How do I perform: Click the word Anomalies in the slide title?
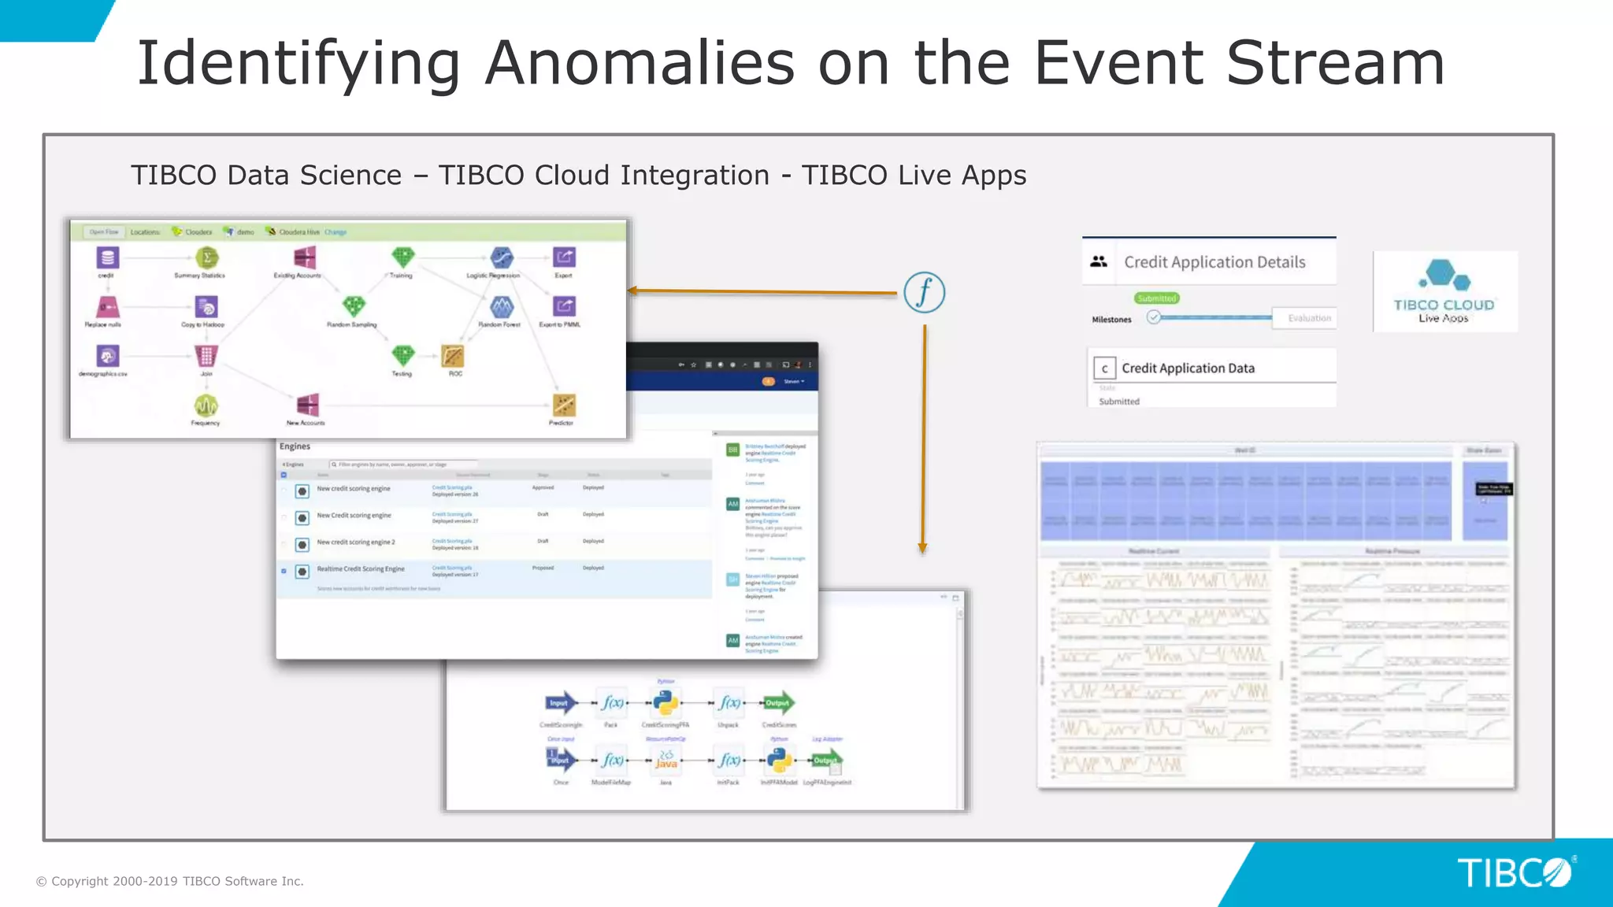639,63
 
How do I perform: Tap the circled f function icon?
924,293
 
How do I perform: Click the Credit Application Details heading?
1214,262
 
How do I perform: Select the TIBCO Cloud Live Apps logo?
1444,291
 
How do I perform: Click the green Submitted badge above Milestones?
1156,298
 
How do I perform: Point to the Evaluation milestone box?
1308,318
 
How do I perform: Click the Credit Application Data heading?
1187,368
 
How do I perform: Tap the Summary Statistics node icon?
206,257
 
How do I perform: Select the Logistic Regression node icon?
501,257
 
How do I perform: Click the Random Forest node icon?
501,307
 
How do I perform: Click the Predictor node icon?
563,405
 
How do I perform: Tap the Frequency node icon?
206,405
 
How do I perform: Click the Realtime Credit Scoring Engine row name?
360,568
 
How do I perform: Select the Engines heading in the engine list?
295,446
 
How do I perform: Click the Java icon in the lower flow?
666,761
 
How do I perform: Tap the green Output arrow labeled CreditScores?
778,703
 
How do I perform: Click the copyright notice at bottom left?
169,881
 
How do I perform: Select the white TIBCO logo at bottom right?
1513,873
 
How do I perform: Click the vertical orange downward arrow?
923,441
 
